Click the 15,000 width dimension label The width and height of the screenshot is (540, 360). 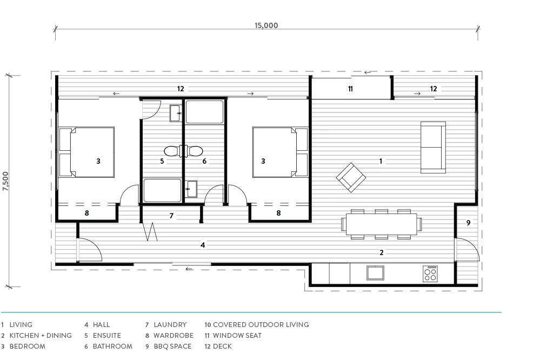266,25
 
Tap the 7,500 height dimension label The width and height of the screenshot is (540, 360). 5,181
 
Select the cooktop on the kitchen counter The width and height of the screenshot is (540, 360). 430,274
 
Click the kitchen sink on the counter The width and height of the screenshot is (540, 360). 375,273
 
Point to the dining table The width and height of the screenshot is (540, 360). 382,224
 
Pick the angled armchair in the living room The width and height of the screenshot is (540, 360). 351,178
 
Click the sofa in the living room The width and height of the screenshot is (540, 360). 433,148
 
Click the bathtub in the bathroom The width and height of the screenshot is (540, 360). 204,112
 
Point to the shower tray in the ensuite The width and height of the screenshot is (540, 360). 162,190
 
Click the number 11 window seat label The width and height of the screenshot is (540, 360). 350,89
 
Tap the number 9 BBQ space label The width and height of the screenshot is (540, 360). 468,223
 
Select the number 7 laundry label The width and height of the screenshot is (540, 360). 171,216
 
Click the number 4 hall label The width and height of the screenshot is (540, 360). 203,245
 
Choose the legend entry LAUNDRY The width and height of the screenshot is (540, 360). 170,325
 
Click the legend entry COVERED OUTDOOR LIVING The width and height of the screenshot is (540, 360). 261,325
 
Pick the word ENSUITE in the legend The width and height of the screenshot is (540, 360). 107,336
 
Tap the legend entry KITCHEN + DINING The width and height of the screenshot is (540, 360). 41,336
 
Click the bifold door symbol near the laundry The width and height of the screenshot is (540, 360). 150,231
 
